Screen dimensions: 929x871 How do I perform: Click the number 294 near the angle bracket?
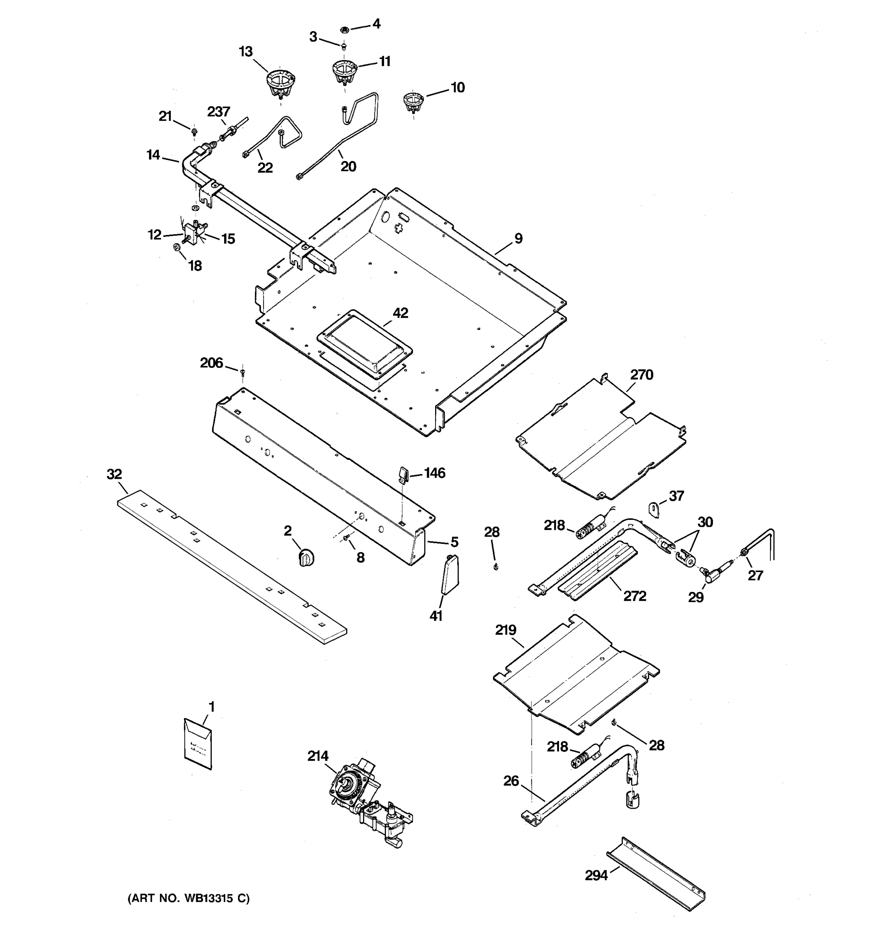point(596,875)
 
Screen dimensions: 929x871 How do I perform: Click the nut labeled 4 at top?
point(344,30)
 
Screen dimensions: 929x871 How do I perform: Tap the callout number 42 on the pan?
point(400,313)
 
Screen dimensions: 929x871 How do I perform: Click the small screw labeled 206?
point(242,372)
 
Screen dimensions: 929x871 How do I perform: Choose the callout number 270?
point(641,374)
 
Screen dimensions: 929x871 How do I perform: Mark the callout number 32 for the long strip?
point(115,474)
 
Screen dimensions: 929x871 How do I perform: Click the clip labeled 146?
point(403,473)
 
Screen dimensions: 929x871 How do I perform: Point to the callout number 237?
point(219,112)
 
